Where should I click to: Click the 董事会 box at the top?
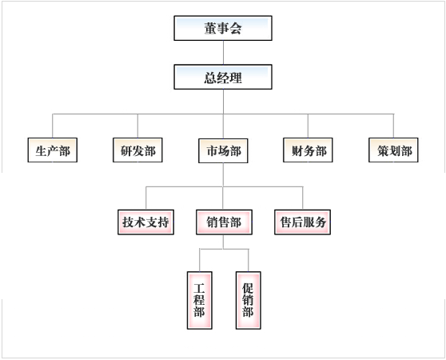pyautogui.click(x=223, y=28)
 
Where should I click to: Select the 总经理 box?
pyautogui.click(x=223, y=77)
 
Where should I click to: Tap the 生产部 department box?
pyautogui.click(x=52, y=150)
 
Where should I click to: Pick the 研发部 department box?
pyautogui.click(x=137, y=150)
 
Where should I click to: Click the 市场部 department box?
pyautogui.click(x=223, y=150)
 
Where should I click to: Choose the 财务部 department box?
pyautogui.click(x=308, y=150)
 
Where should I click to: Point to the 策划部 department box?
pyautogui.click(x=393, y=150)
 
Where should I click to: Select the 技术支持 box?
pyautogui.click(x=146, y=222)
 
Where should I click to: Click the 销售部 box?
pyautogui.click(x=224, y=222)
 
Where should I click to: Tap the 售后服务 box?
pyautogui.click(x=302, y=222)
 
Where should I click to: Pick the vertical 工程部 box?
pyautogui.click(x=199, y=300)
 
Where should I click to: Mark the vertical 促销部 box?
pyautogui.click(x=249, y=300)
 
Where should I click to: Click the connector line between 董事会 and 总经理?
pyautogui.click(x=223, y=53)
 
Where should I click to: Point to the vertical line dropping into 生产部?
pyautogui.click(x=53, y=126)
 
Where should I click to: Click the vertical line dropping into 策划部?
pyautogui.click(x=394, y=126)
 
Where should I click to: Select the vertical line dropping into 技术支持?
pyautogui.click(x=146, y=198)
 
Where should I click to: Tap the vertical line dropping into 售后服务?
pyautogui.click(x=303, y=198)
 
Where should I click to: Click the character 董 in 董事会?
pyautogui.click(x=210, y=29)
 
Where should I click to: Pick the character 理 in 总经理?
pyautogui.click(x=236, y=78)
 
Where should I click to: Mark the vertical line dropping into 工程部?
pyautogui.click(x=200, y=260)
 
